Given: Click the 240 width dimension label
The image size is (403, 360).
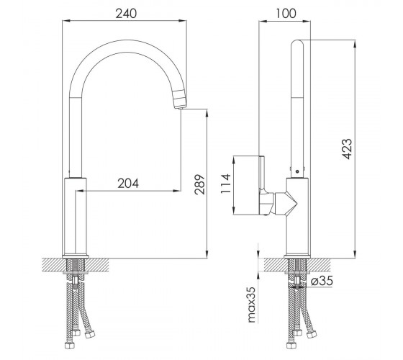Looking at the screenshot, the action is (126, 14).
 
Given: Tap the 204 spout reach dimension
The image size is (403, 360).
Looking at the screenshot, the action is (128, 183).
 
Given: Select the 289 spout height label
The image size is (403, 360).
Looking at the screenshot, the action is (200, 184).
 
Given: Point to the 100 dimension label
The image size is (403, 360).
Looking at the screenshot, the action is (286, 14).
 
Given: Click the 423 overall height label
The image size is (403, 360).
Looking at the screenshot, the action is (347, 149).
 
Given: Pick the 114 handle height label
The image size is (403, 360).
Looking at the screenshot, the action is (226, 184).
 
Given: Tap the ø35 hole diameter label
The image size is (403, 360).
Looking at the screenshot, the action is (322, 280).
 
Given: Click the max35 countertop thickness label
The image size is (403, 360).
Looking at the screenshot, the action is (252, 305).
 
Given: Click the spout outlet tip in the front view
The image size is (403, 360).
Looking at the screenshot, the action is (181, 108).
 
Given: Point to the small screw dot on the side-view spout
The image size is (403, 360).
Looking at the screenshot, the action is (297, 171).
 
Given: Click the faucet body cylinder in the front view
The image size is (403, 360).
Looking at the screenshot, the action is (75, 217).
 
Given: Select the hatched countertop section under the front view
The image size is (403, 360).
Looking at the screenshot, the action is (76, 265).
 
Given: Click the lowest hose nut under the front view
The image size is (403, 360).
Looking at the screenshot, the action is (69, 346).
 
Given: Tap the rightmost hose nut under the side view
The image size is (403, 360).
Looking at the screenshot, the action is (312, 334).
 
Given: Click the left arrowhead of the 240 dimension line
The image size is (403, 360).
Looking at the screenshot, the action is (65, 21).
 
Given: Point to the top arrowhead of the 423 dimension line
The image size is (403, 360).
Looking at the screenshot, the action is (355, 44).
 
